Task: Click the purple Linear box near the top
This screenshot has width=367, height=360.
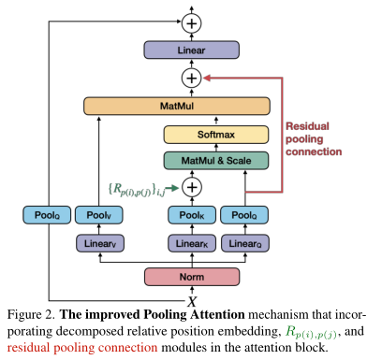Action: click(192, 49)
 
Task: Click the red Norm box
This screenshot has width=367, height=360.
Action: click(191, 276)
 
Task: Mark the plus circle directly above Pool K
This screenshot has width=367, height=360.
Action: click(192, 187)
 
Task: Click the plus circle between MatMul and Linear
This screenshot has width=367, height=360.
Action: click(192, 78)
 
